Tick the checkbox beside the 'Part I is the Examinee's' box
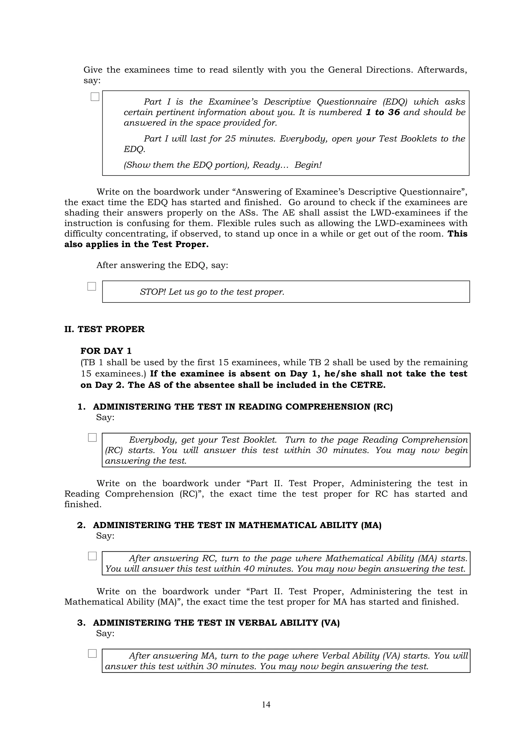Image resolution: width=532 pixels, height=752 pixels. tap(95, 97)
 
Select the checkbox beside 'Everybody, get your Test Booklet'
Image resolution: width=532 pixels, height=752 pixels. tap(92, 438)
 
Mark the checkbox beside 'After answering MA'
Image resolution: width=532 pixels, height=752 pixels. tap(92, 653)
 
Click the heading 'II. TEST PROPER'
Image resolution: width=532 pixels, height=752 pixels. tap(104, 329)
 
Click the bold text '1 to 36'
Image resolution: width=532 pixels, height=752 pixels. tap(383, 112)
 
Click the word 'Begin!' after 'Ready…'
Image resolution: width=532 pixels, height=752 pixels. tap(308, 165)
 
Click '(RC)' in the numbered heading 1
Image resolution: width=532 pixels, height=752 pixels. tap(383, 407)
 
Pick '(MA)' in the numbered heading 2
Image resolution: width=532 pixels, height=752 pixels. tap(371, 525)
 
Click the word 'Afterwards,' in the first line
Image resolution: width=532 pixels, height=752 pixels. tap(442, 70)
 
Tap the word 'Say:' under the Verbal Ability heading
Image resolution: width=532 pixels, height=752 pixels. tap(105, 633)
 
